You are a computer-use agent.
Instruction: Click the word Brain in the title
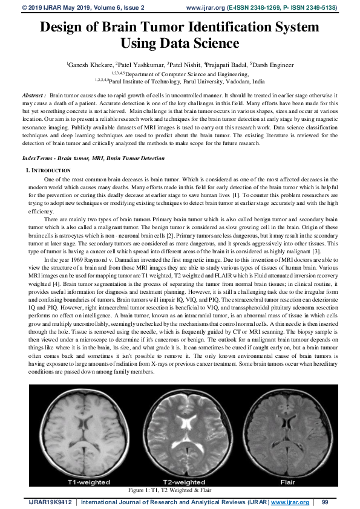(x=139, y=28)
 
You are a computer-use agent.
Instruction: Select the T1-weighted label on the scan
(x=88, y=482)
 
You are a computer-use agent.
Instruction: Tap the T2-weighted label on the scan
(x=182, y=482)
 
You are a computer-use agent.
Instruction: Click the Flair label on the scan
(x=287, y=482)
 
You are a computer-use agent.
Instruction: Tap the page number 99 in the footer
(x=325, y=502)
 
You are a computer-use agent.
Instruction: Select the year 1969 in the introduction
(x=90, y=259)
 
